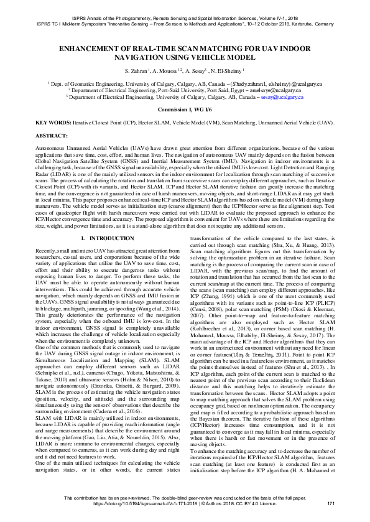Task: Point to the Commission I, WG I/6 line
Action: coord(185,108)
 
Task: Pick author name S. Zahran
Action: coord(138,71)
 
